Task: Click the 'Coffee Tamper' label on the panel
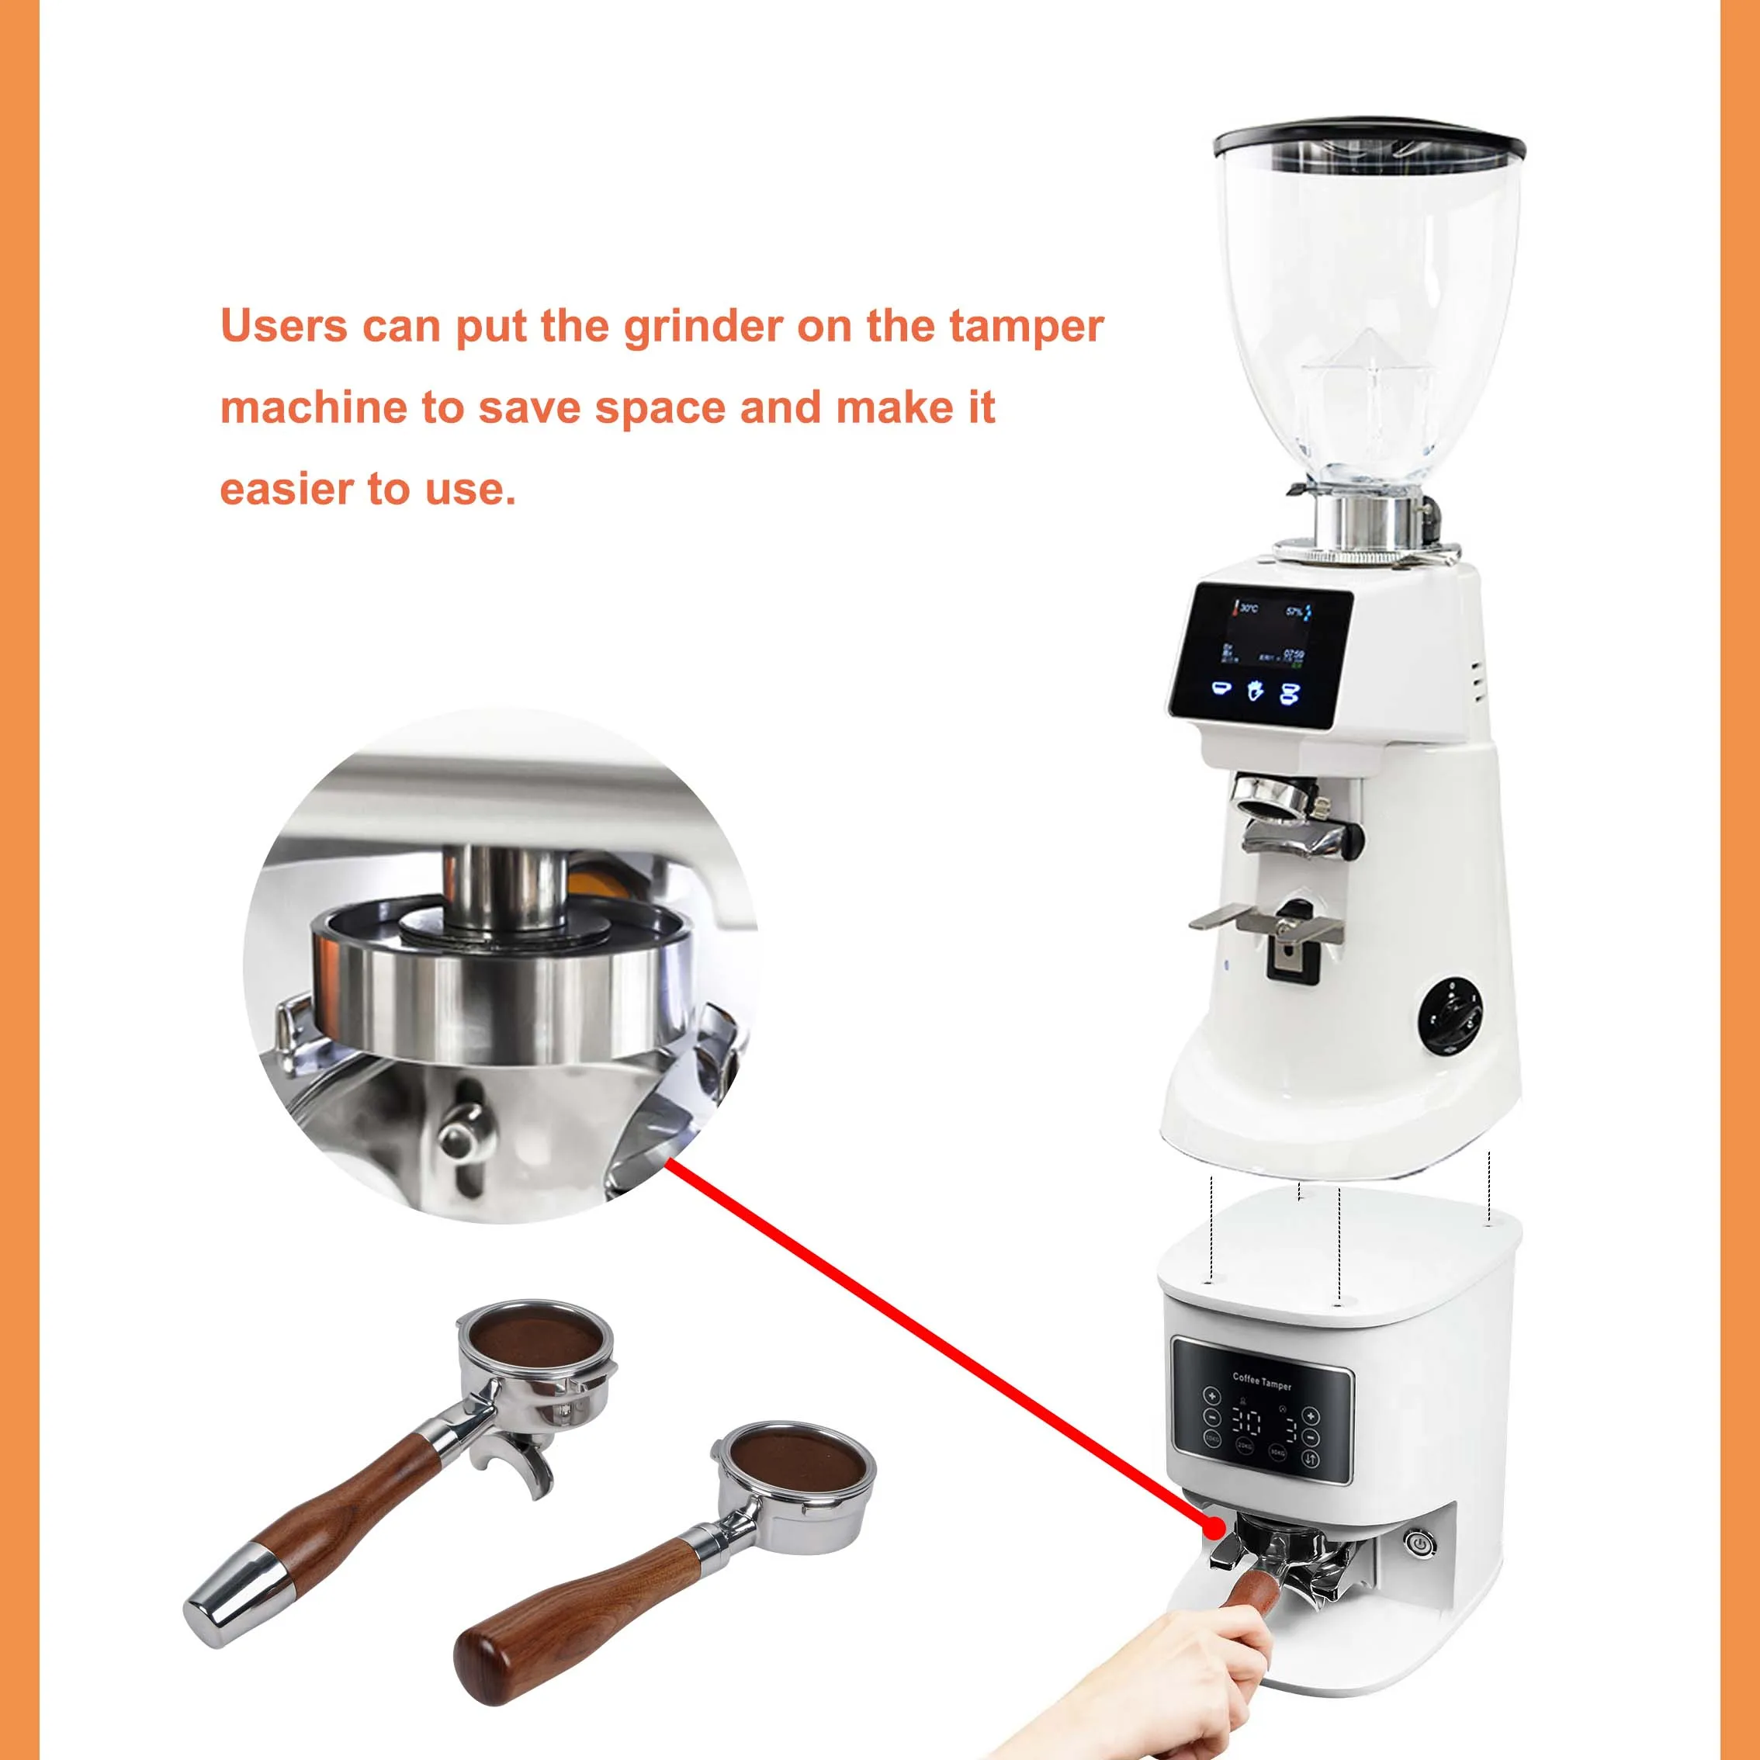click(1263, 1382)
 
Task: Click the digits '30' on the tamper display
click(1247, 1422)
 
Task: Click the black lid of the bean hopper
click(1369, 137)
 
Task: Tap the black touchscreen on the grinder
click(1260, 655)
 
